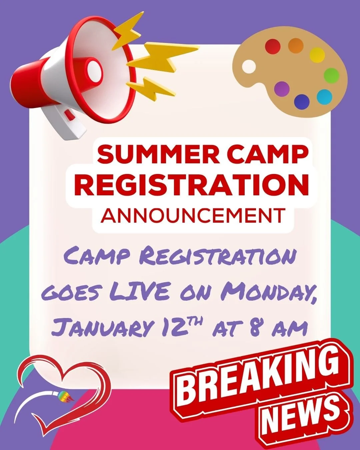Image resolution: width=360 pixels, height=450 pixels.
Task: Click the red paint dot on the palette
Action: pos(272,46)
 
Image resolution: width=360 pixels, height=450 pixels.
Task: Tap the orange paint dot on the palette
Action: pos(296,45)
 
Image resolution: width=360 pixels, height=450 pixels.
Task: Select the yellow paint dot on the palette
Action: pos(317,55)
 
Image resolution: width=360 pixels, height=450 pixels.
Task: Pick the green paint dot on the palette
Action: pos(331,76)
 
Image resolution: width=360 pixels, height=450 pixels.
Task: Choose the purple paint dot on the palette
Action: pos(282,89)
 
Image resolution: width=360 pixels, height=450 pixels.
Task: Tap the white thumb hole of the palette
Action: pos(249,67)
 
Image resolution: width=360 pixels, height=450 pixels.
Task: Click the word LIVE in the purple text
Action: pos(141,292)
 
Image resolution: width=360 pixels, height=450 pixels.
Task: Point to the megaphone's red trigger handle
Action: pos(69,114)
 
